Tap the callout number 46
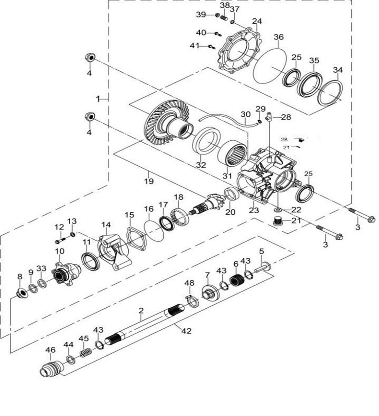pos(50,350)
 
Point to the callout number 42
pos(187,331)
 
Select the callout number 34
pos(338,70)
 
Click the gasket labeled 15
pos(135,233)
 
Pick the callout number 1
pos(98,99)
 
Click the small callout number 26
pos(285,139)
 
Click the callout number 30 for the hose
pos(245,114)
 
